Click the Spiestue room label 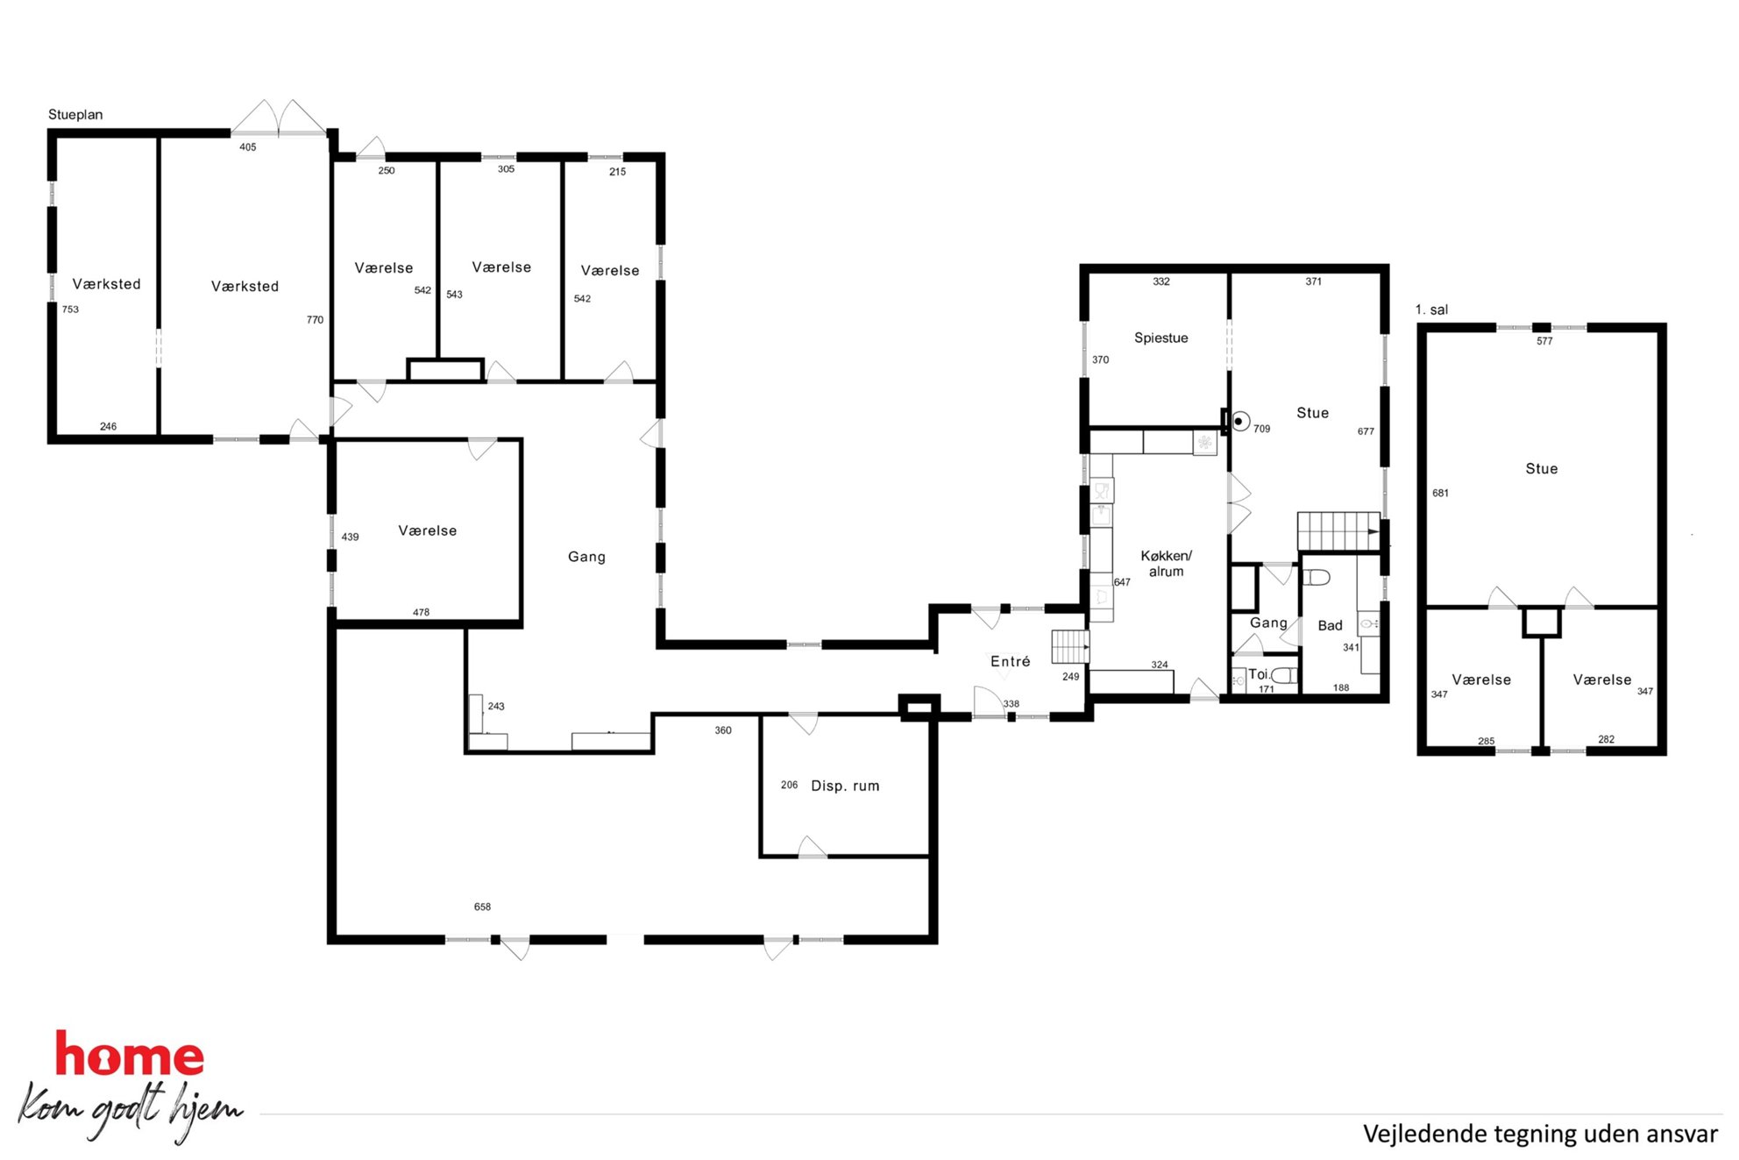[1161, 338]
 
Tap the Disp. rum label [845, 786]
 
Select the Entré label [1010, 661]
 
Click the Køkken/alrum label [1166, 564]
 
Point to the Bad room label [1330, 625]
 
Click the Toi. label [1258, 674]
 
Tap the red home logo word [130, 1055]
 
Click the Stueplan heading [75, 115]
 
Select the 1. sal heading [1431, 310]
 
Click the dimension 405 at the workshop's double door [248, 147]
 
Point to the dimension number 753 [70, 310]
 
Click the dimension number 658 [482, 907]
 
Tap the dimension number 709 [1261, 429]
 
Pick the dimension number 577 [1544, 341]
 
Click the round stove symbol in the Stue [1239, 422]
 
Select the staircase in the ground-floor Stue [1338, 531]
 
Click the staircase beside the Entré [1070, 647]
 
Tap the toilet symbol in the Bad [1317, 577]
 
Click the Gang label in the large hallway [586, 557]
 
